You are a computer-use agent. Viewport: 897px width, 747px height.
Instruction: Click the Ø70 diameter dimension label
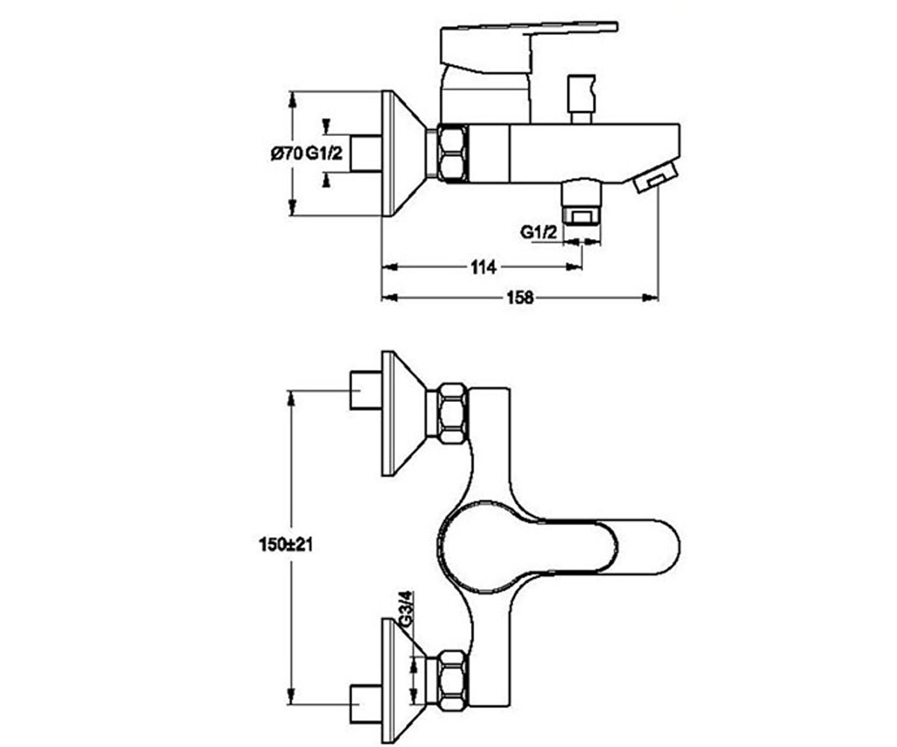286,153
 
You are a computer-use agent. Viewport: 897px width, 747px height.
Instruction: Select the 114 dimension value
484,267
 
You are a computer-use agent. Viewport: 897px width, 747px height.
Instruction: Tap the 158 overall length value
520,297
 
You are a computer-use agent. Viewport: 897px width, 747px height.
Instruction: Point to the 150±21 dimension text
286,545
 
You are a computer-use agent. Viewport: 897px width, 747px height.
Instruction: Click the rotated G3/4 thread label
406,610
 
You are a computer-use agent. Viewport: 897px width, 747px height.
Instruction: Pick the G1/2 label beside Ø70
324,153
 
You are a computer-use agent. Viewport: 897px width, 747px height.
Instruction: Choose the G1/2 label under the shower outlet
539,232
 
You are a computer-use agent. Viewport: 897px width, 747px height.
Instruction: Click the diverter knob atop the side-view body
582,99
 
